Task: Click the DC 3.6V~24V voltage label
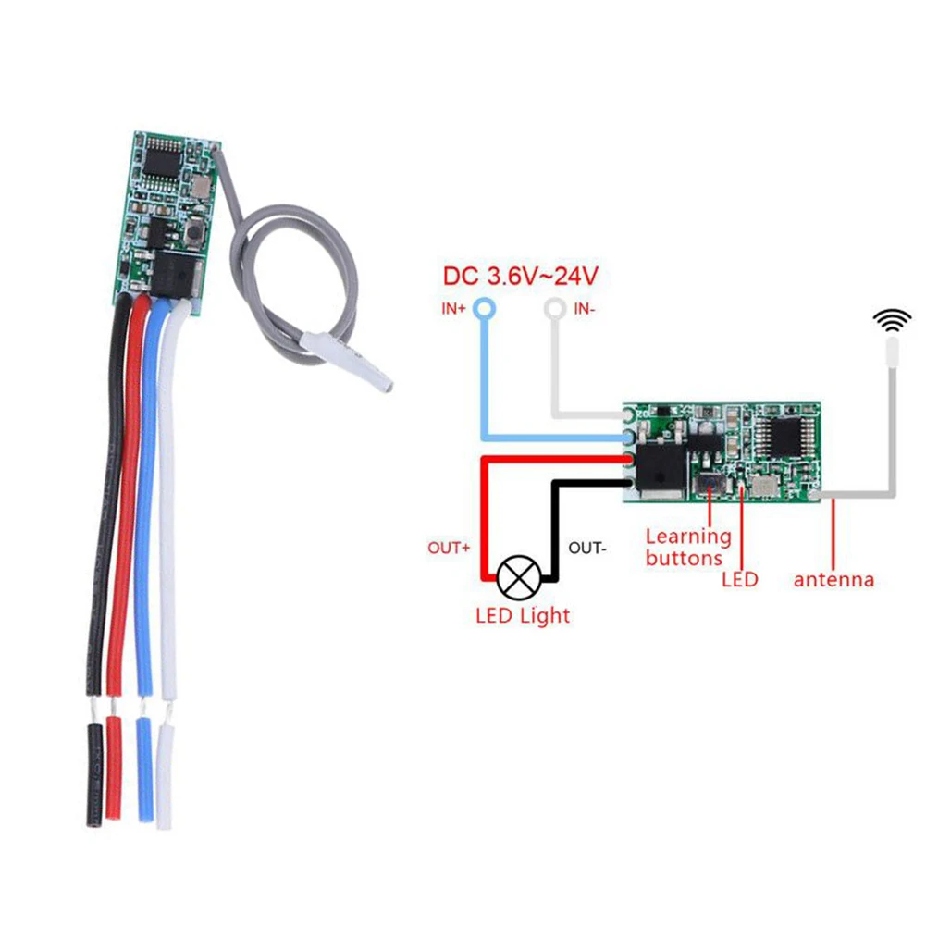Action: coord(521,276)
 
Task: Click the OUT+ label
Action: coord(450,548)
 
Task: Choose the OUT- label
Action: coord(587,548)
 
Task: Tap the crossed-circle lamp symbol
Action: coord(515,578)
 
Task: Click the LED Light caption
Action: coord(523,615)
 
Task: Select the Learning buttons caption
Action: coord(687,547)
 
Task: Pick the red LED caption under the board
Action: coord(739,580)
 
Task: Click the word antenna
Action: coord(833,580)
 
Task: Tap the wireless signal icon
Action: coord(895,321)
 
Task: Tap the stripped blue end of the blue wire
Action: coord(144,767)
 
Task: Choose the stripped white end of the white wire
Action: coord(167,772)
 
